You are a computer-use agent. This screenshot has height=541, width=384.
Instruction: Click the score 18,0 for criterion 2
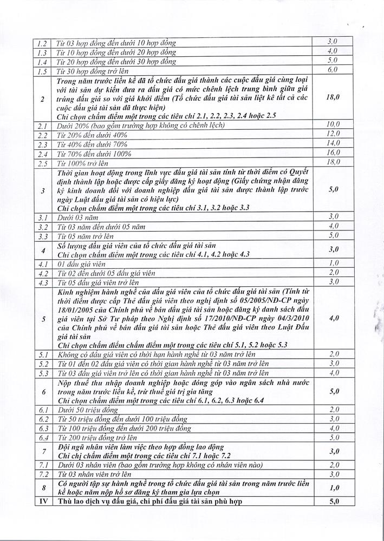[x=333, y=98]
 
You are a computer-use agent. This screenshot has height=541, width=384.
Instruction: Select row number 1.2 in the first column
[x=43, y=42]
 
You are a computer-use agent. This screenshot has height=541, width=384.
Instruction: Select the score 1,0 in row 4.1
[x=333, y=262]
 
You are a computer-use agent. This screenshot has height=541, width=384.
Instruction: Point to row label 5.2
[x=43, y=364]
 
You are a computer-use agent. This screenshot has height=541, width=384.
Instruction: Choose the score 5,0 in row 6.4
[x=333, y=437]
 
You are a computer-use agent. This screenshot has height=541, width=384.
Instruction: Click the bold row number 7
[x=43, y=451]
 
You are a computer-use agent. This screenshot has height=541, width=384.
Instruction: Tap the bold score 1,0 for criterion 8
[x=333, y=488]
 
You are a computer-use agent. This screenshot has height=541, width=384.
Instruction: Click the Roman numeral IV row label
[x=43, y=502]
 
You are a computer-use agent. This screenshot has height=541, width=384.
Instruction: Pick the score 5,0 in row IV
[x=333, y=502]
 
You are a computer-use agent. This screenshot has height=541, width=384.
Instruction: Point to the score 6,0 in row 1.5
[x=333, y=70]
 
